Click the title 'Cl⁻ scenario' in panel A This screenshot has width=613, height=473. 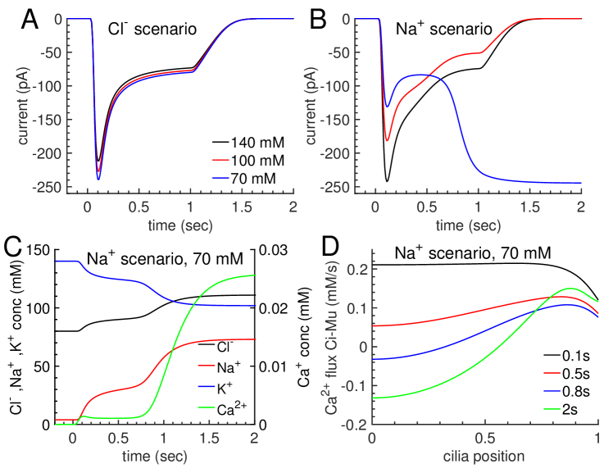[152, 30]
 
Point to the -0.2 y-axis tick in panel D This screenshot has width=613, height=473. [354, 425]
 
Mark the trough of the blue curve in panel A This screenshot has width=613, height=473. [98, 179]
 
